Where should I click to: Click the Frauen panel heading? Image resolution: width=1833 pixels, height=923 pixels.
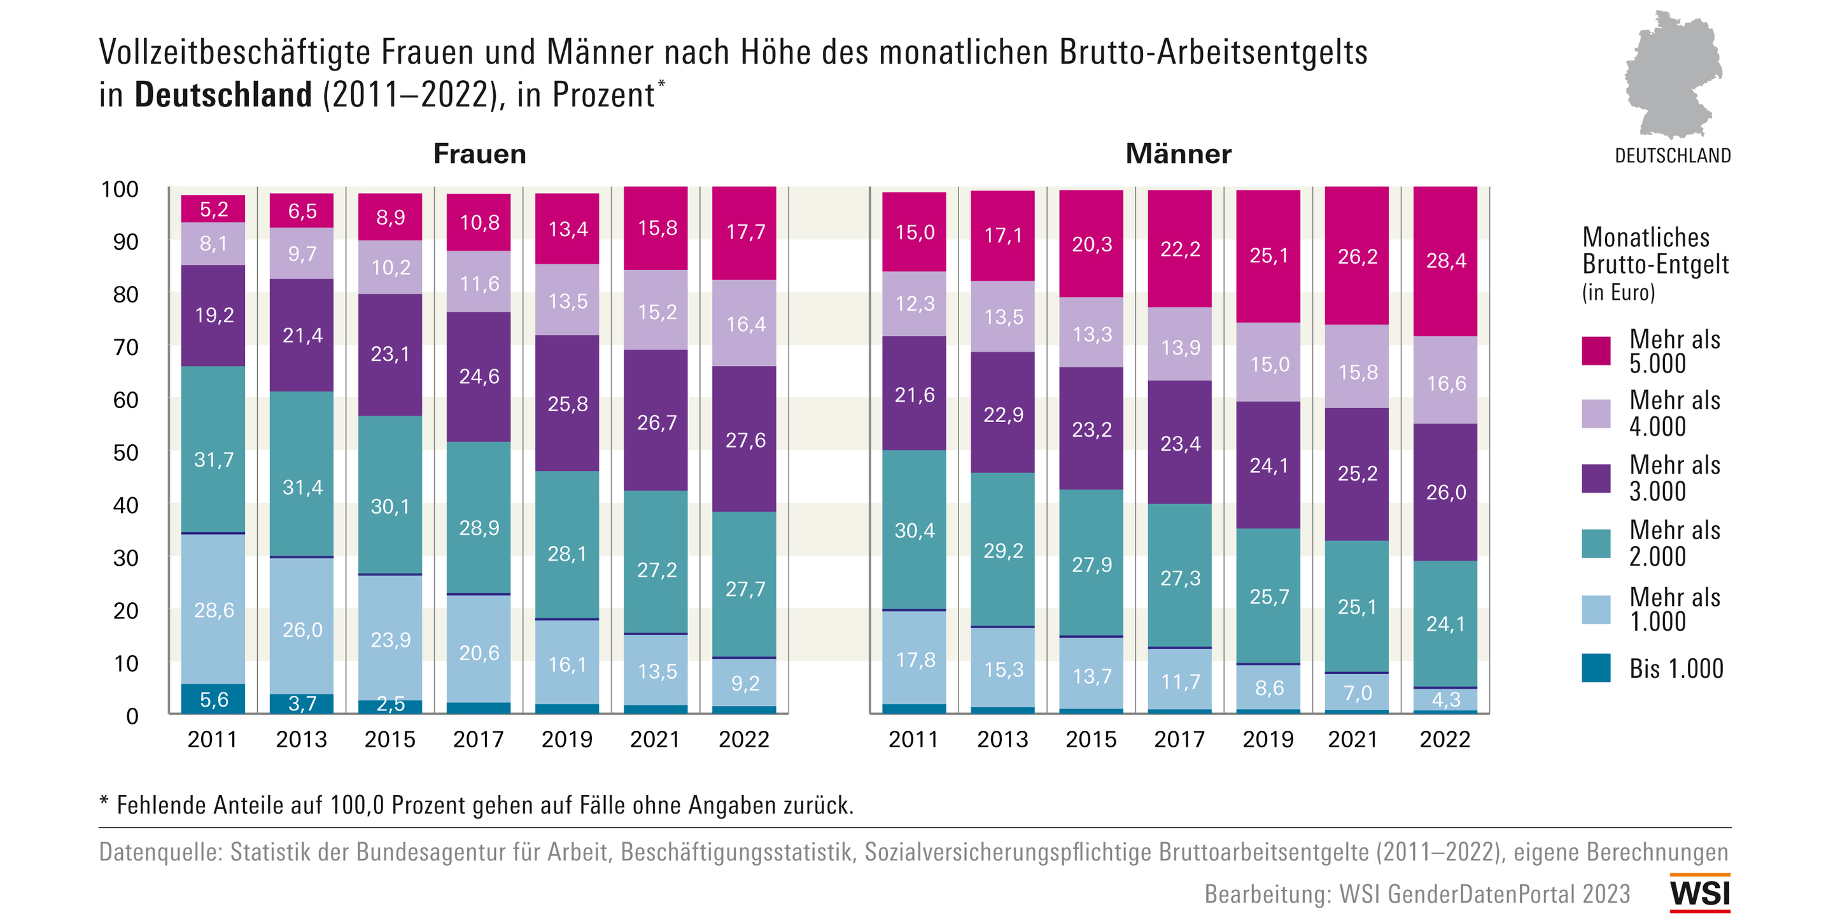[x=480, y=153]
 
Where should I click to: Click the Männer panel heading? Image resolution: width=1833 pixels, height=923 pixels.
[x=1177, y=153]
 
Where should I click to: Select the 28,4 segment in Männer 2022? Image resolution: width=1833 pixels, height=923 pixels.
[x=1445, y=260]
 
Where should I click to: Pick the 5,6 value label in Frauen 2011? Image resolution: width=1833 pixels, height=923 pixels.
[x=213, y=700]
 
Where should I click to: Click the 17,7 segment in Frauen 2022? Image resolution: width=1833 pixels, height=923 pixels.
[x=745, y=232]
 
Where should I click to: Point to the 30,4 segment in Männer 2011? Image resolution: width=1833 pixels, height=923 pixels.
[x=915, y=530]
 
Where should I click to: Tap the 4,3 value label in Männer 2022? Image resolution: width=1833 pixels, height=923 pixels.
[x=1445, y=699]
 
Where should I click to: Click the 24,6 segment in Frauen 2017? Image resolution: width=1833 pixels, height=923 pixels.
[x=479, y=376]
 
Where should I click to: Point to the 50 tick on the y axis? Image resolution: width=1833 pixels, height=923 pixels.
[x=126, y=453]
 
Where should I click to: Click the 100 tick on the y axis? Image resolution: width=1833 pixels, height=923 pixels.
[x=120, y=189]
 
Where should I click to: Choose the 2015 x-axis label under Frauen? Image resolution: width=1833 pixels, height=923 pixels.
[x=390, y=740]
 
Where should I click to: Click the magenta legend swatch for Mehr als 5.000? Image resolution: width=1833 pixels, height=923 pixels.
[x=1596, y=351]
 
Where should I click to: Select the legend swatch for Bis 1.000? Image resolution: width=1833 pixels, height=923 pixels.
[x=1596, y=668]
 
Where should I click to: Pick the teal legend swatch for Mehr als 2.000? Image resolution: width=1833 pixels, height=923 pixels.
[x=1596, y=544]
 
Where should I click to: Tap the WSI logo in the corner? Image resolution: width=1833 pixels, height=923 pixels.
[x=1700, y=893]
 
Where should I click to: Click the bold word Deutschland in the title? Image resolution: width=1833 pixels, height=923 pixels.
[x=223, y=95]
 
